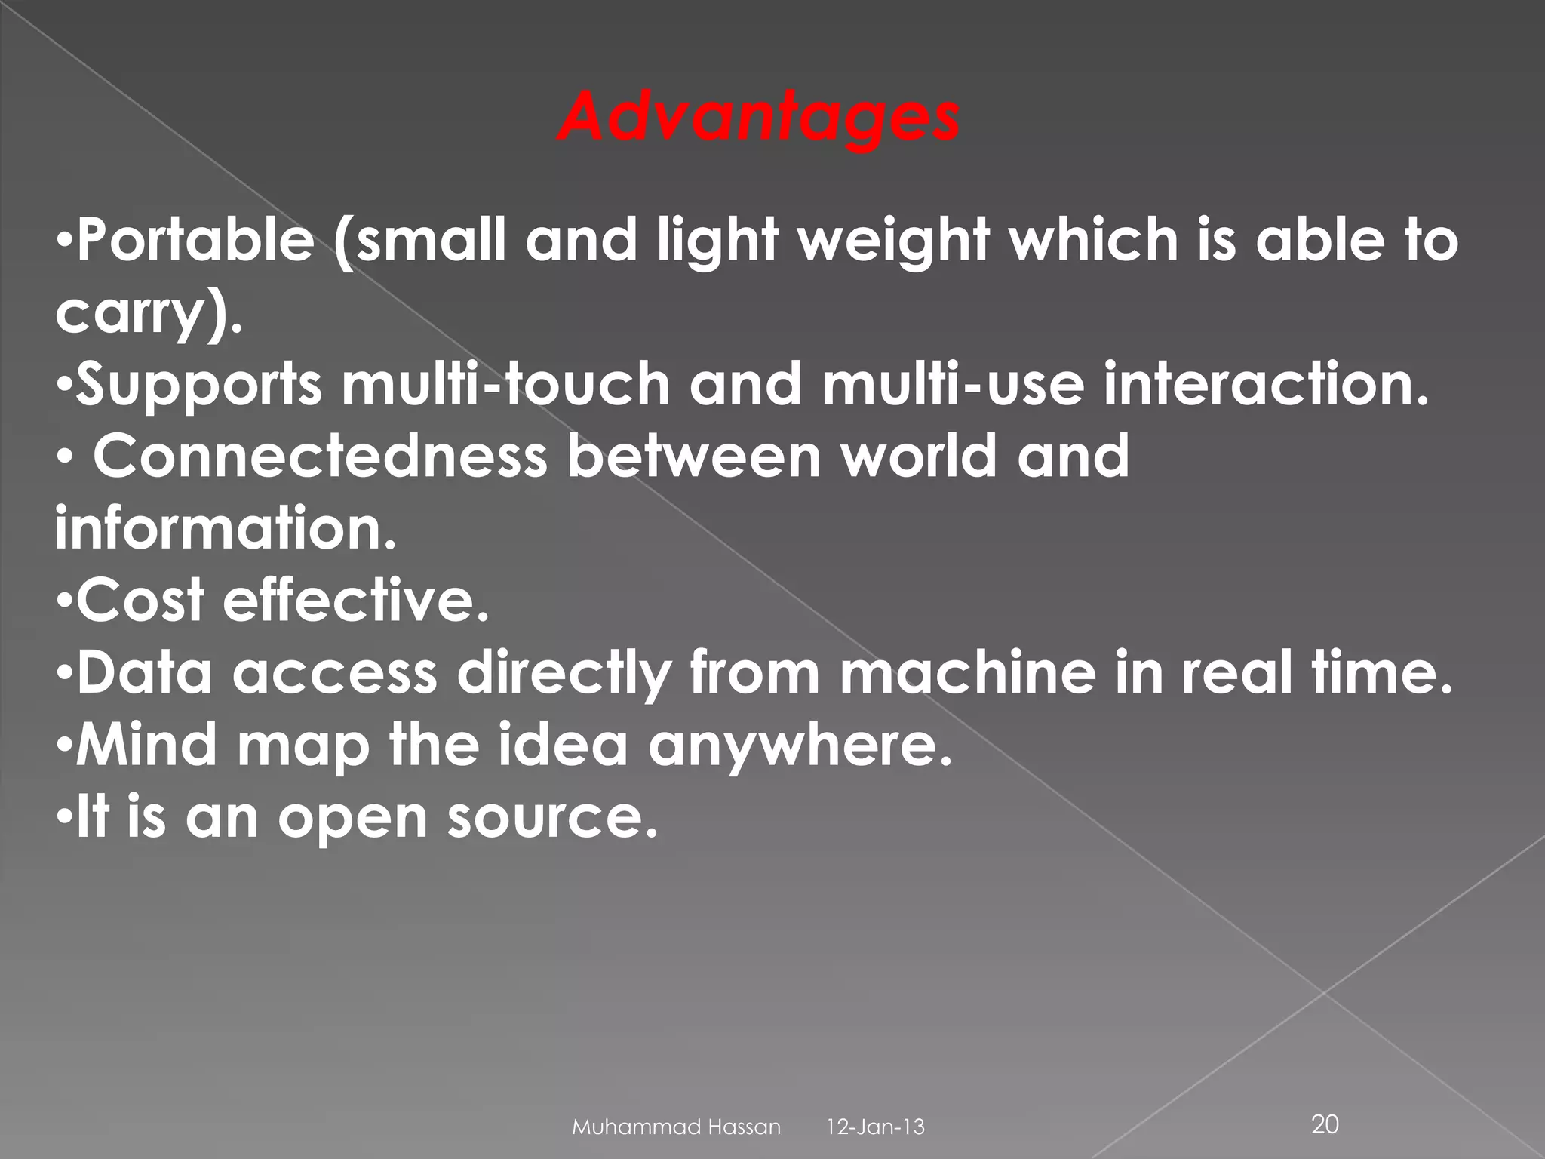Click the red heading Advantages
click(x=758, y=119)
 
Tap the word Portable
click(x=195, y=241)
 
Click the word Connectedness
click(x=320, y=457)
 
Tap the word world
click(x=918, y=457)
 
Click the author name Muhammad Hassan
click(x=677, y=1127)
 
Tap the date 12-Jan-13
click(x=876, y=1127)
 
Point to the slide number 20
click(x=1325, y=1124)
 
